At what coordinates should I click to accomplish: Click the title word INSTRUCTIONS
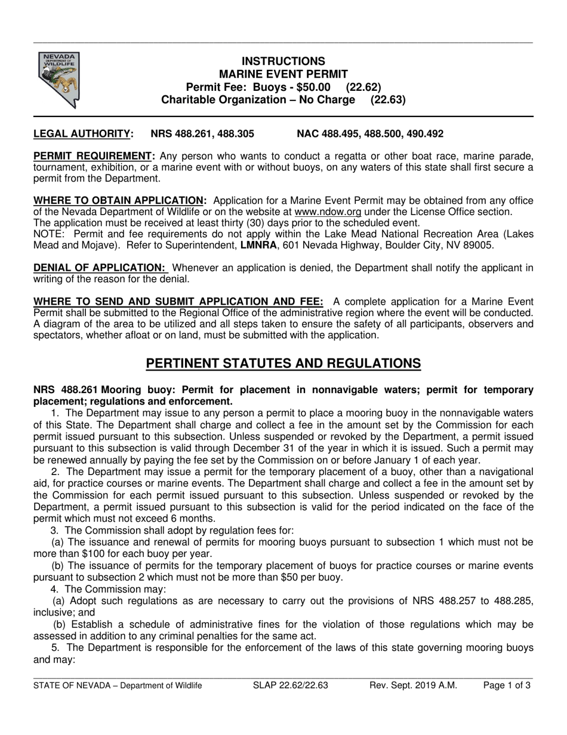(x=283, y=61)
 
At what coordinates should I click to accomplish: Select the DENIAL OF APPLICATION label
(x=100, y=267)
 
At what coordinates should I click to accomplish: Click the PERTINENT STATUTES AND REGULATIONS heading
(x=283, y=363)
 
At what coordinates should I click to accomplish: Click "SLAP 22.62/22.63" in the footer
(x=291, y=685)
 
